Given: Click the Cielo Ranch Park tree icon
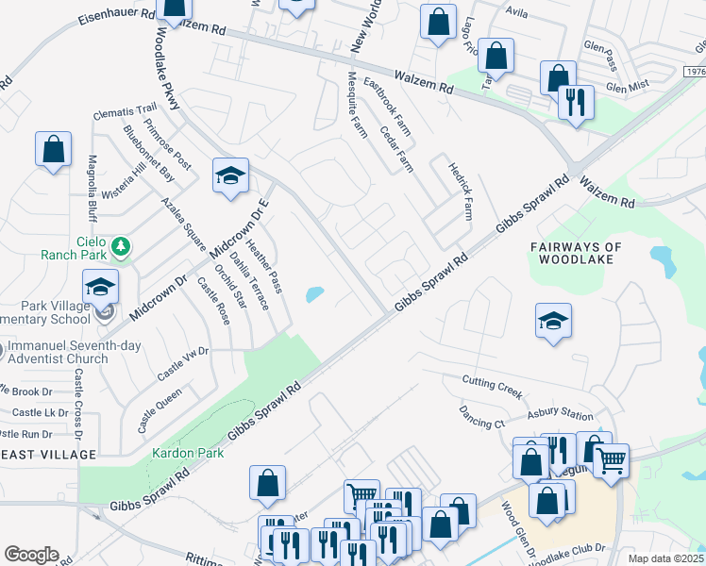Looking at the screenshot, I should (x=120, y=247).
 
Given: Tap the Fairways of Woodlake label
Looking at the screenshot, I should (x=576, y=254).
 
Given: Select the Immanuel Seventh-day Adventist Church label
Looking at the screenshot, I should (x=74, y=352).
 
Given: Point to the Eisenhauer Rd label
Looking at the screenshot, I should (x=117, y=16).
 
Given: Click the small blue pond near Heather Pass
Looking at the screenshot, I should (x=312, y=295).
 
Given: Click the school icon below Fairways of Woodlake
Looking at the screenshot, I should (x=553, y=321).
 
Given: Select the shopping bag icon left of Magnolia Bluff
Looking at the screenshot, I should (x=54, y=150).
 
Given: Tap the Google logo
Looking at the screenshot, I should (x=31, y=555).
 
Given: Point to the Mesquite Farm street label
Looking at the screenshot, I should (x=359, y=104).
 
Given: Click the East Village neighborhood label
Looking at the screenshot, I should (x=49, y=455).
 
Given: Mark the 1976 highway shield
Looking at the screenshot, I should (x=694, y=71).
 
